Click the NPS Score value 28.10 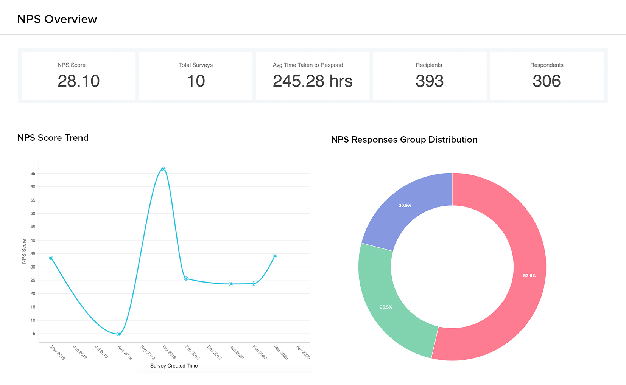point(79,81)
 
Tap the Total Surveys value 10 point(196,81)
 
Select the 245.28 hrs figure point(313,81)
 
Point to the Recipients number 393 point(430,81)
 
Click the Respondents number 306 point(547,81)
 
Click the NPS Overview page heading point(57,19)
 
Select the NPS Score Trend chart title point(53,138)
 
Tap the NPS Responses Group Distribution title point(404,140)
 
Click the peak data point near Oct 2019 point(164,169)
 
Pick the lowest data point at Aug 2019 point(119,334)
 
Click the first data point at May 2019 point(51,258)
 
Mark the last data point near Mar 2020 point(275,256)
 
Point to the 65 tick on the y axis point(33,174)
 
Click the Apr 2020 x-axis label point(303,352)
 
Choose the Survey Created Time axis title point(174,366)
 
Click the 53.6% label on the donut point(529,276)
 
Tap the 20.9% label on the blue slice point(405,206)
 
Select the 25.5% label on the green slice point(386,307)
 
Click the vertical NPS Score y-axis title point(24,251)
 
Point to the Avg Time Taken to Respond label point(308,65)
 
